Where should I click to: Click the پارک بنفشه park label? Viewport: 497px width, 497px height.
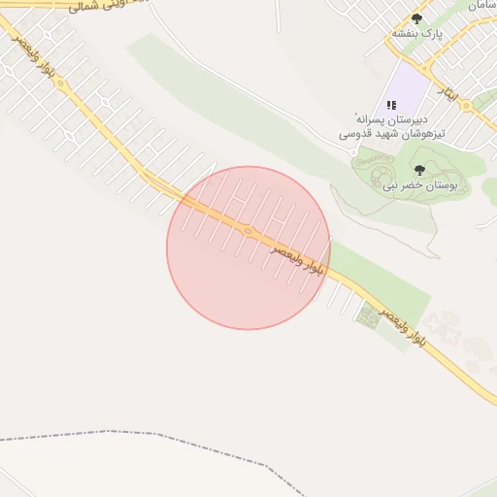pyautogui.click(x=416, y=33)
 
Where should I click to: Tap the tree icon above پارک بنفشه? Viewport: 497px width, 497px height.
pyautogui.click(x=417, y=18)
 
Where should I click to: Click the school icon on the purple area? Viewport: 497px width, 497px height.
pyautogui.click(x=392, y=104)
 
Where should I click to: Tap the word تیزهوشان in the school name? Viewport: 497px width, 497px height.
pyautogui.click(x=427, y=132)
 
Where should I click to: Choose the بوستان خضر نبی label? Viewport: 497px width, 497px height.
pyautogui.click(x=418, y=184)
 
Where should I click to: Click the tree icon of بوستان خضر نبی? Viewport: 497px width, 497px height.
pyautogui.click(x=419, y=170)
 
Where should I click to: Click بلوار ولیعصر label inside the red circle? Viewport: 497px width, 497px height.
pyautogui.click(x=296, y=257)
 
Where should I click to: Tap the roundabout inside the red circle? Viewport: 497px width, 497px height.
pyautogui.click(x=248, y=231)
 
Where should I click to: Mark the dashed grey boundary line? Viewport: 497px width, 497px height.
pyautogui.click(x=146, y=433)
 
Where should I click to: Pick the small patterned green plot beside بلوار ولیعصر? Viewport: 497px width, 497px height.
pyautogui.click(x=367, y=315)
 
